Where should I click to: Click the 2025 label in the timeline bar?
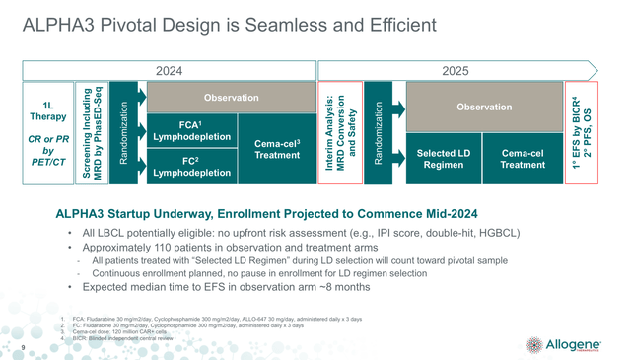455,71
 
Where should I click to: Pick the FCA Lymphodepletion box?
184,131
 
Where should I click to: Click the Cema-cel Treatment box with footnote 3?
256,149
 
